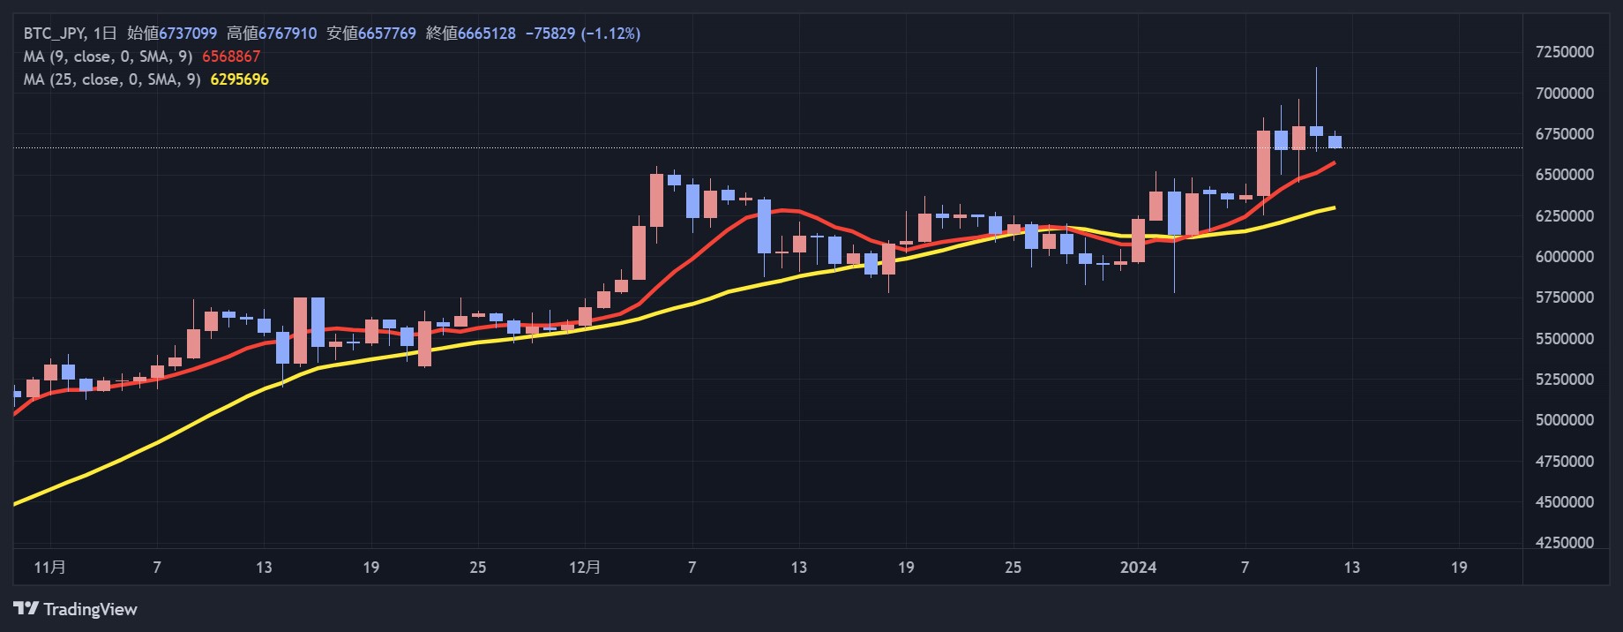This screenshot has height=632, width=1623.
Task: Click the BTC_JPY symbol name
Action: point(54,34)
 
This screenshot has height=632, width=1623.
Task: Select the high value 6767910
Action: point(288,34)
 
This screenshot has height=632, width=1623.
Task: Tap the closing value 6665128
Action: point(486,34)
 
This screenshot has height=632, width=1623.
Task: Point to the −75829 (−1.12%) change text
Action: point(583,34)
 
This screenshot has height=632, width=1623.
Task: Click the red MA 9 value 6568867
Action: point(231,56)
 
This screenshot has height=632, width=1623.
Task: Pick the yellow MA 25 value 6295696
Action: point(239,79)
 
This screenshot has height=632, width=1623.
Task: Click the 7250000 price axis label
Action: point(1565,52)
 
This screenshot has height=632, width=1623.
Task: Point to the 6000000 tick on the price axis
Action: point(1565,257)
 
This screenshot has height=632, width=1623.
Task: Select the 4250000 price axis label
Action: point(1565,543)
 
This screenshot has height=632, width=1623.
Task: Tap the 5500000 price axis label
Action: point(1565,339)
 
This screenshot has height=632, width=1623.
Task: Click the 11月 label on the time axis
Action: point(49,567)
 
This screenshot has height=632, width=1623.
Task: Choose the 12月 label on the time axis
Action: point(585,567)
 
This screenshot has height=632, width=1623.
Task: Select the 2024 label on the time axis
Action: point(1138,567)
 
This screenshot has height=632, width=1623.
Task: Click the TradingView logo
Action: point(76,609)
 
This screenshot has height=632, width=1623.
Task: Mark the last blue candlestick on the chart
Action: point(1335,141)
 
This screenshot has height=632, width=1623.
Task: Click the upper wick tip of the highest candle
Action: point(1316,69)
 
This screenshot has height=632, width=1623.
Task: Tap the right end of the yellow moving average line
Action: point(1334,207)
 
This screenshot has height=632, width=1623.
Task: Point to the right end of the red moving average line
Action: point(1334,162)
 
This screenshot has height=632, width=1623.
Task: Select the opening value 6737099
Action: point(187,34)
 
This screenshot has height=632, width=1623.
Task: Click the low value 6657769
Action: point(386,34)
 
